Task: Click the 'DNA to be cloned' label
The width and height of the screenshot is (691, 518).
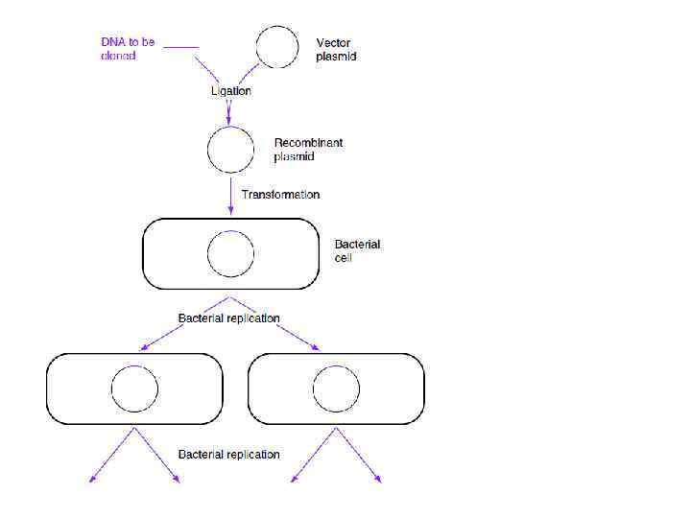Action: coord(128,49)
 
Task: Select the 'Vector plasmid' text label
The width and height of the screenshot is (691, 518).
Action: coord(336,50)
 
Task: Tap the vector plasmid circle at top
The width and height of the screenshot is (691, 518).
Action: coord(277,46)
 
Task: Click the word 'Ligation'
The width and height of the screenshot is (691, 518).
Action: coord(231,91)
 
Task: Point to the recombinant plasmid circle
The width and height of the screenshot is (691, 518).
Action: coord(230,150)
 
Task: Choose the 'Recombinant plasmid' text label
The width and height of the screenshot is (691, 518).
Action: coord(308,150)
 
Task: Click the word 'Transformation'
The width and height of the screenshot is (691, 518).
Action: coord(280,195)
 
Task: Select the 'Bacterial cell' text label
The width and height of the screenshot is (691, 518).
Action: coord(357,250)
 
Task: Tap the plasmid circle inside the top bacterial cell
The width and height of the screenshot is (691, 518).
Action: coord(230,254)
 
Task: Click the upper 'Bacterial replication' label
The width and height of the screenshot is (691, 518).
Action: coord(229,318)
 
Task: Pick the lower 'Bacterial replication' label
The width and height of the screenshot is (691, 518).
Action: coord(229,454)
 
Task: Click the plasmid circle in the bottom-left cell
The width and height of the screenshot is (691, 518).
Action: coord(134,388)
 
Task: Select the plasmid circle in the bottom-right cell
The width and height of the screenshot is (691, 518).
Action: coord(336,388)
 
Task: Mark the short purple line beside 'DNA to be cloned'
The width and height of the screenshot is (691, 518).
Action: coord(181,47)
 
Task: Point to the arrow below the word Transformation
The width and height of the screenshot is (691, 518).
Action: coord(230,199)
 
